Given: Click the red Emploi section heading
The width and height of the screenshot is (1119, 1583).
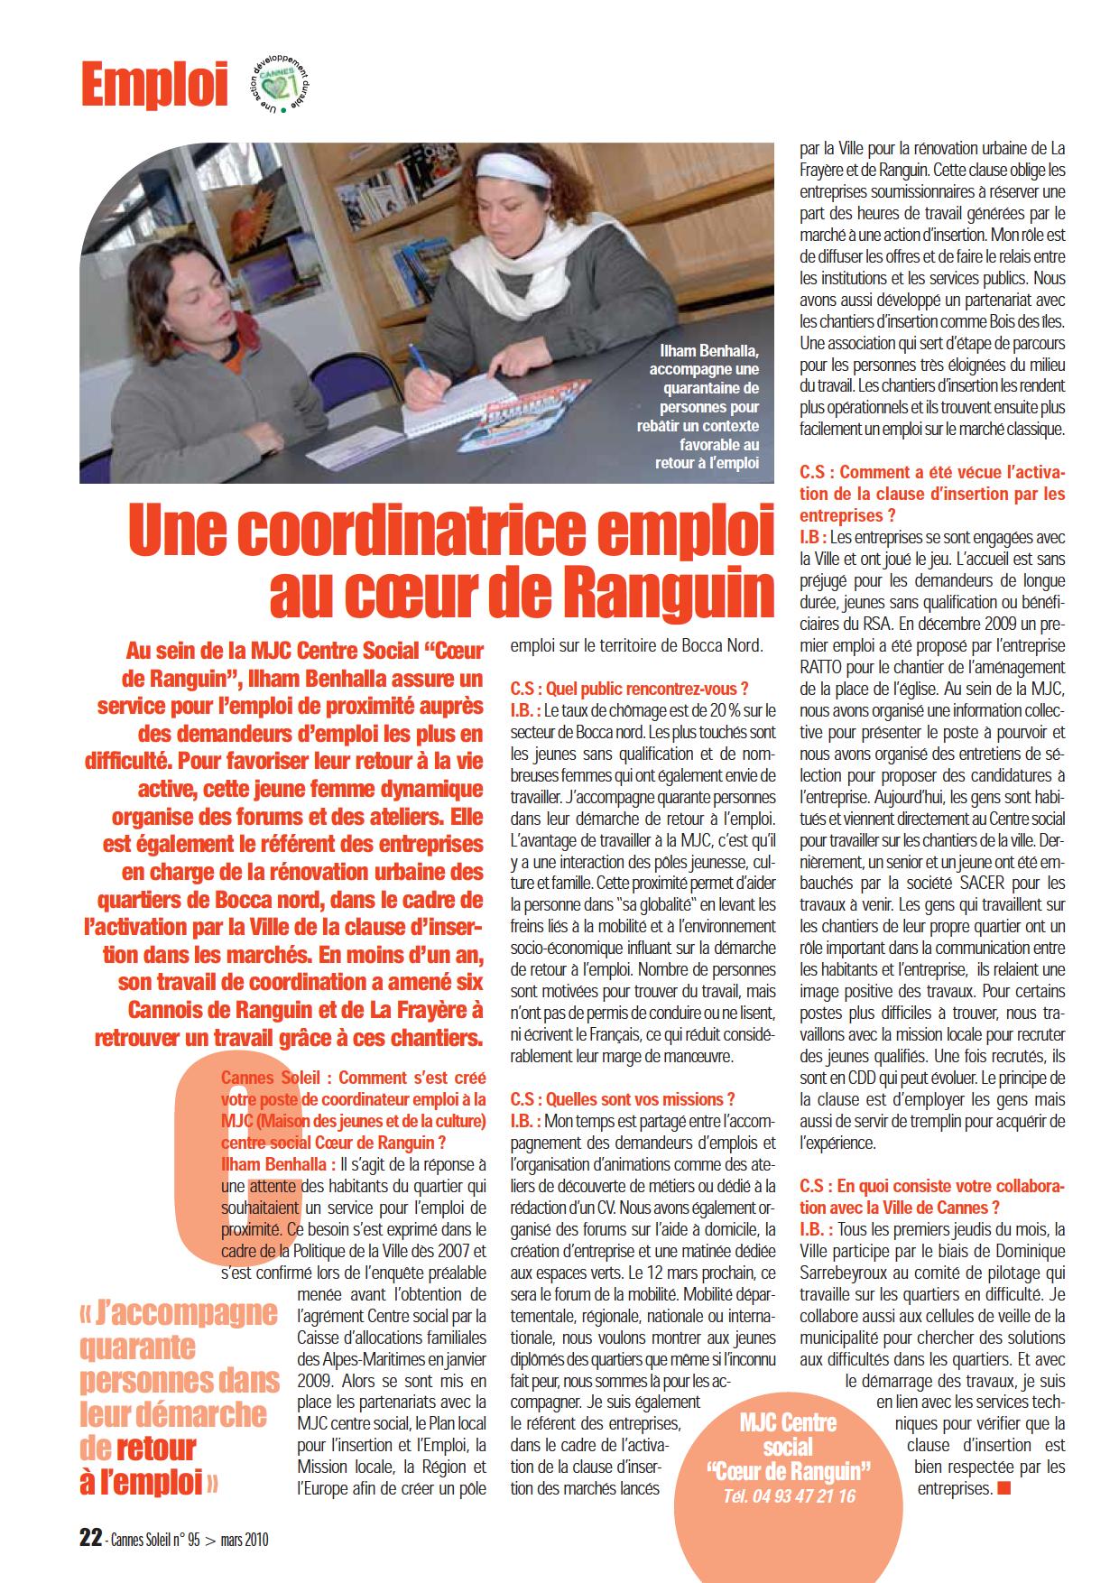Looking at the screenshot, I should tap(153, 87).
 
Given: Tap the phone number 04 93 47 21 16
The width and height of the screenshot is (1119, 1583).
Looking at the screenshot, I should tap(789, 1495).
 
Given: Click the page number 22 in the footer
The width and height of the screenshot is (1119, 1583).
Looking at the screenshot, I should tap(89, 1540).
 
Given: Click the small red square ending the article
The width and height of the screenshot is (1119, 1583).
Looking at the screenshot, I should tap(1004, 1487).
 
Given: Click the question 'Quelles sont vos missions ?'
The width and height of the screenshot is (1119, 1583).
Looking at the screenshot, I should tap(622, 1099).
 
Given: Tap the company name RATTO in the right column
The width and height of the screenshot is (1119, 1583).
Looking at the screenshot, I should tap(828, 667).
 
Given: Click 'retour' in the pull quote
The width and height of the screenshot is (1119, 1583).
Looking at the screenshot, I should tap(156, 1448).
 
